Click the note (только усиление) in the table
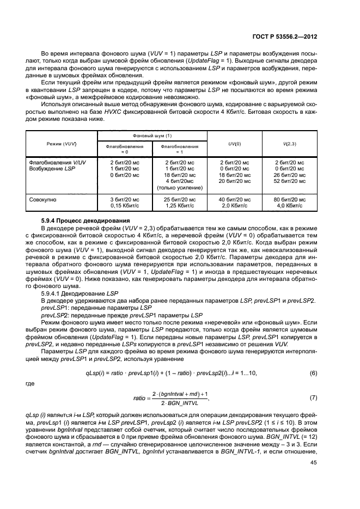179,187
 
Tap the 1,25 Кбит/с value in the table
179,206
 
